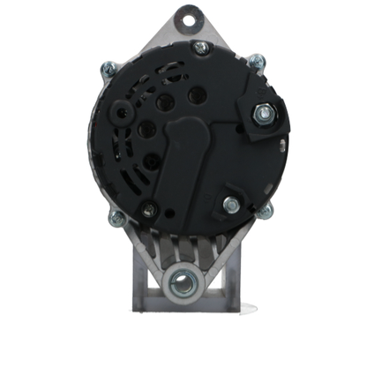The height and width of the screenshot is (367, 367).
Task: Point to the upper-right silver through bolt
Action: coord(257,62)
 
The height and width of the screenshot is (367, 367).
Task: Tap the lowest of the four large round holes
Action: coord(150,160)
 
